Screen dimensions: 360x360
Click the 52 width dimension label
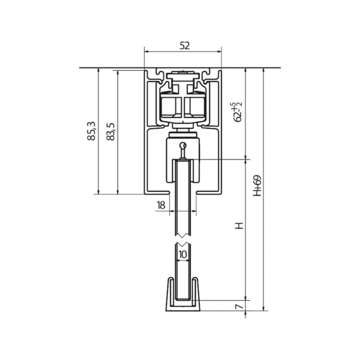[x=185, y=46]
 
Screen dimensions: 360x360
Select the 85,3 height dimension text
[x=91, y=131]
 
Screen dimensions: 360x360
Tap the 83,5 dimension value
[x=110, y=131]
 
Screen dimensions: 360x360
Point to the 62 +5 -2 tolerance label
[x=237, y=112]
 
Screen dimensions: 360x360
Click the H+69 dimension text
[x=257, y=185]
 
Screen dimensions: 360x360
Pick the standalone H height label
[x=239, y=226]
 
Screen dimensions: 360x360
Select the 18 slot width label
[x=161, y=205]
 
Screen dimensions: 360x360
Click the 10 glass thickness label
[x=183, y=254]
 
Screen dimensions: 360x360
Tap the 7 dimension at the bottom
[x=239, y=306]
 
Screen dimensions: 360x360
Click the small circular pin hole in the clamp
[x=183, y=145]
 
